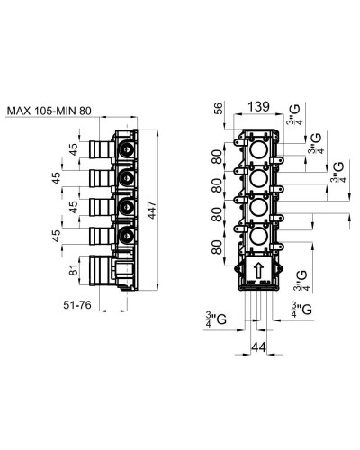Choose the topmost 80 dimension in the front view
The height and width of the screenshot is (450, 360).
(216, 158)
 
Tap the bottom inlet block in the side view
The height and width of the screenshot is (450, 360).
(106, 270)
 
